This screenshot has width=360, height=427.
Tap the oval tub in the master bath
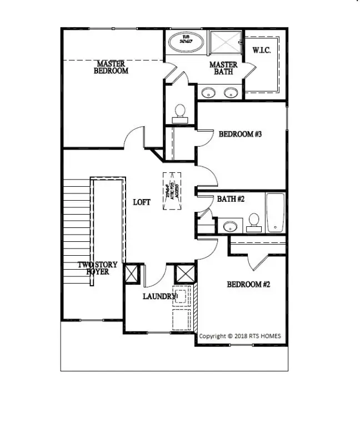(x=186, y=42)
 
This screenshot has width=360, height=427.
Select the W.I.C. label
(x=261, y=50)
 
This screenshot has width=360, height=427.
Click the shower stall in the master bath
(x=225, y=42)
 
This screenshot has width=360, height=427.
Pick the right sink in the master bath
(x=231, y=92)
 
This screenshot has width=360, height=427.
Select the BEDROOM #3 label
(x=240, y=134)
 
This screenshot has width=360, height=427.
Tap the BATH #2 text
(x=231, y=198)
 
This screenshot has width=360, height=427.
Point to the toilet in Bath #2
(x=254, y=221)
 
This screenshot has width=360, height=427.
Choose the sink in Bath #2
(x=229, y=226)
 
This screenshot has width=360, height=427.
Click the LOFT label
(x=142, y=202)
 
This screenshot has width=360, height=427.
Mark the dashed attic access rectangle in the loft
(x=172, y=191)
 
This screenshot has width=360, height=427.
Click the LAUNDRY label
(x=159, y=296)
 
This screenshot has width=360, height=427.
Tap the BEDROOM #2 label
(x=248, y=284)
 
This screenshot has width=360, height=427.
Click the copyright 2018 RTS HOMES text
(x=240, y=336)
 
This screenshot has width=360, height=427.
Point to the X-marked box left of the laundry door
(x=132, y=275)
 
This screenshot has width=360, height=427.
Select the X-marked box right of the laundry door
(x=183, y=275)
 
